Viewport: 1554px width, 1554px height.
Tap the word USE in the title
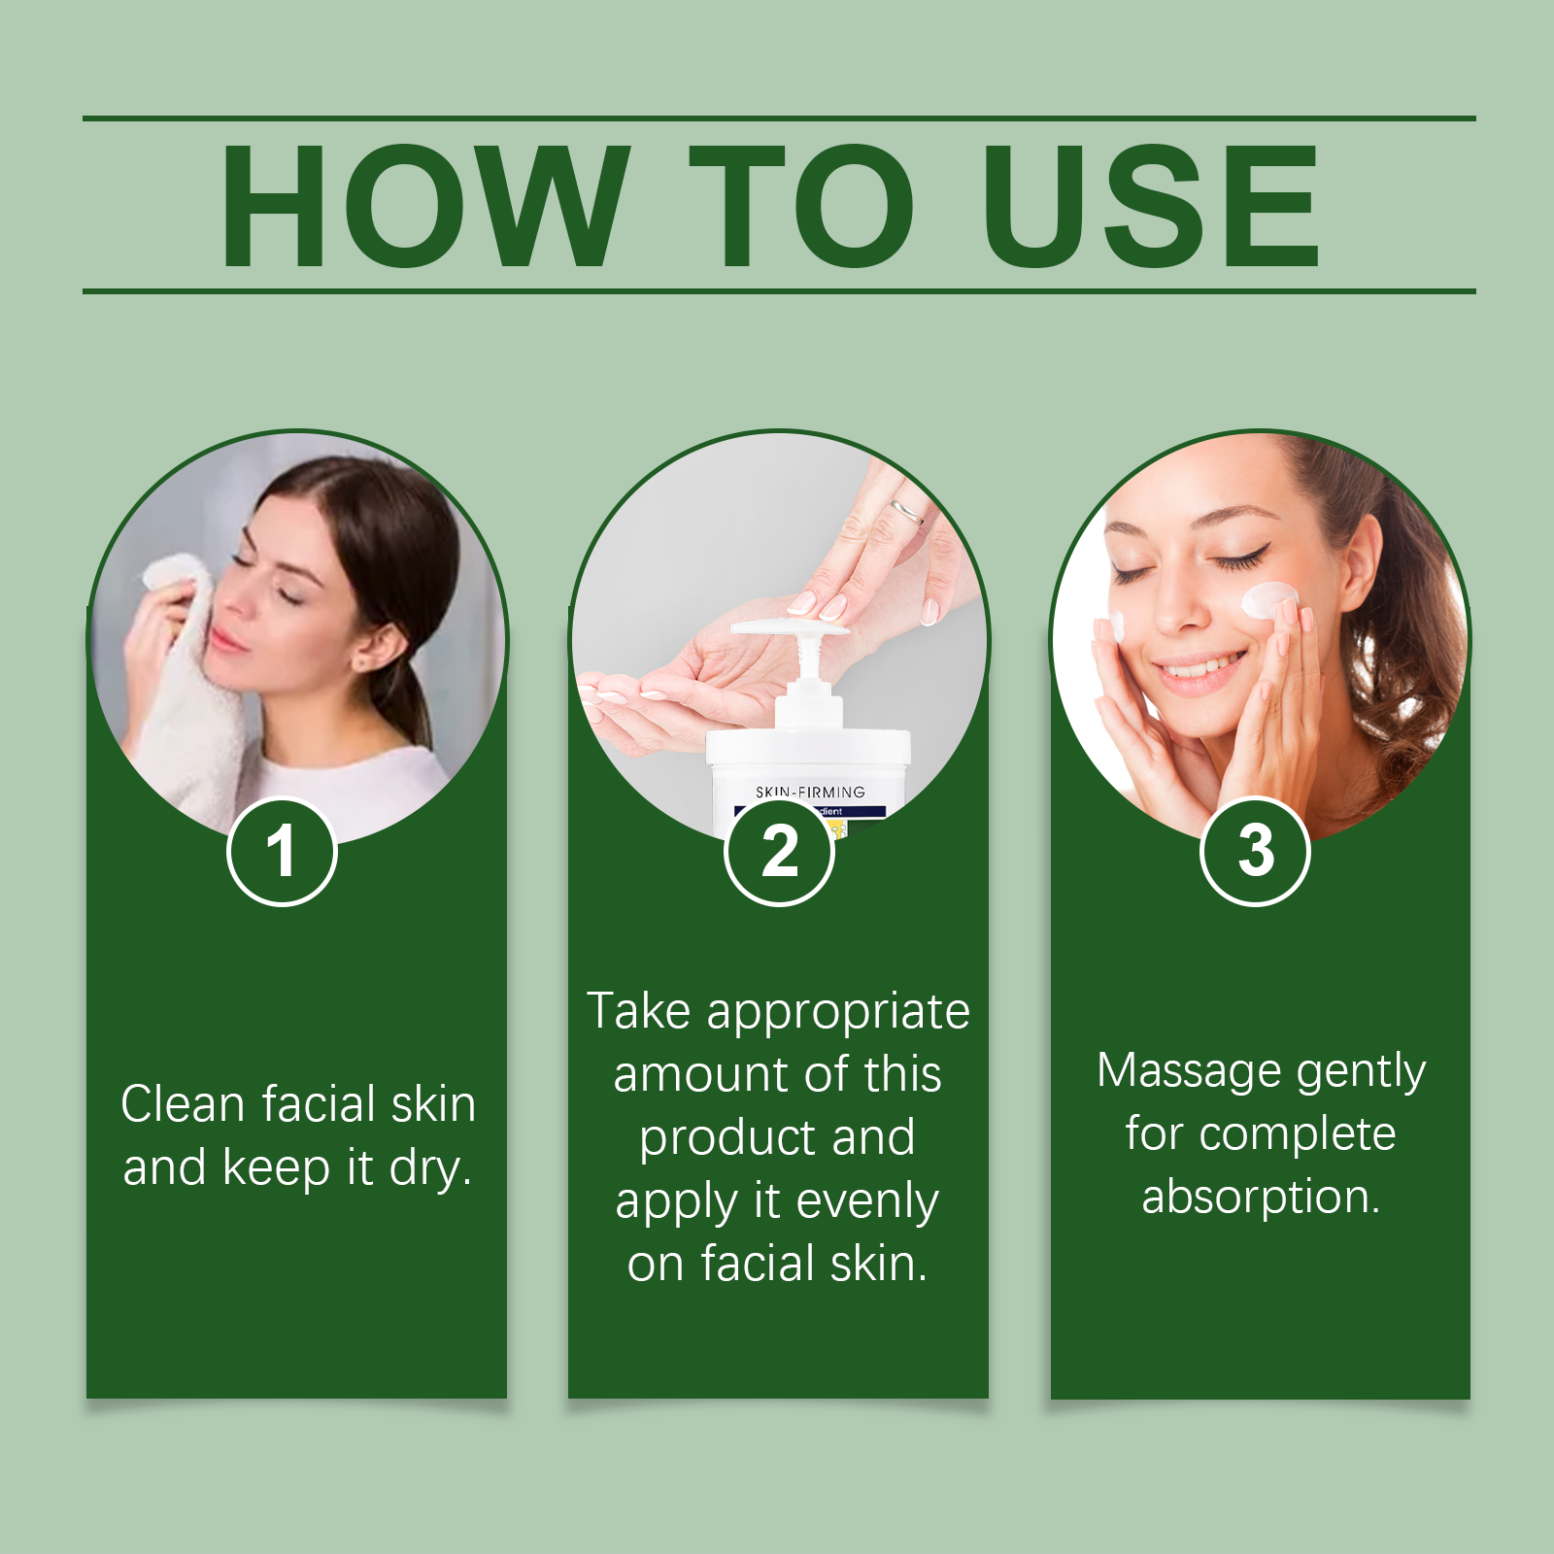(x=1151, y=206)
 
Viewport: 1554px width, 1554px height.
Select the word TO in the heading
(x=801, y=206)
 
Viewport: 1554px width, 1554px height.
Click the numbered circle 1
(x=282, y=852)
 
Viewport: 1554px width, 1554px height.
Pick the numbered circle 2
(x=779, y=852)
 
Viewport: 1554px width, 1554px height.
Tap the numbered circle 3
(x=1256, y=852)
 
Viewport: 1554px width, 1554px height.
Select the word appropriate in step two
(x=838, y=1012)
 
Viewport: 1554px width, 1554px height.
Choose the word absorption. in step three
(x=1260, y=1197)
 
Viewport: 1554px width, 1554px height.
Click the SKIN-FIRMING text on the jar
(x=810, y=793)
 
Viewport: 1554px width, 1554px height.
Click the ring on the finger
(x=907, y=511)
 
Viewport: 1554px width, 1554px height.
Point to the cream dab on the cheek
(x=1268, y=600)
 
